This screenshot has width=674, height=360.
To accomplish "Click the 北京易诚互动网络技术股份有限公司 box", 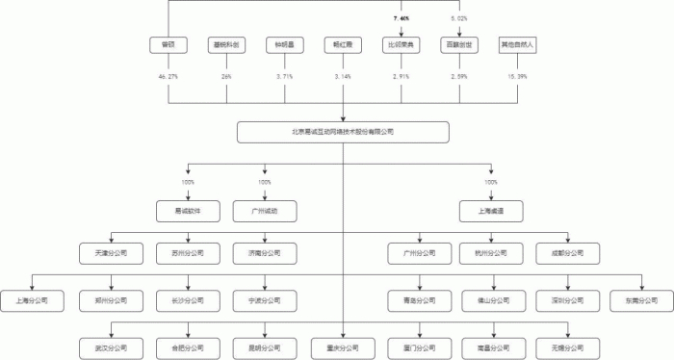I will click(343, 132).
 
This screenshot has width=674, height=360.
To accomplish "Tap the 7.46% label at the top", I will click(401, 18).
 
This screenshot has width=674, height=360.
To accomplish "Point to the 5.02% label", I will click(459, 18).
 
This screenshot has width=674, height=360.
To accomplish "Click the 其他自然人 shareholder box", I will click(517, 45).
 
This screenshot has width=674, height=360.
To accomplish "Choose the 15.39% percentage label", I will click(517, 75).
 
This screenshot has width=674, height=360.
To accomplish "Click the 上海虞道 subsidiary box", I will click(491, 210).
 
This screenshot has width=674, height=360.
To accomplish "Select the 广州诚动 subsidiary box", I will click(265, 210).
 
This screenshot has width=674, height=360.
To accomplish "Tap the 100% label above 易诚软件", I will click(188, 182).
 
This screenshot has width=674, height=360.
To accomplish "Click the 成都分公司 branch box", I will click(568, 255).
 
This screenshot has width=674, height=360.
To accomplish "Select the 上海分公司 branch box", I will click(32, 300).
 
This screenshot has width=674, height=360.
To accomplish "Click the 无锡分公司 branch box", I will click(568, 345).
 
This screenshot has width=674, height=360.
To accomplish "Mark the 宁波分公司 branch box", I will click(265, 300).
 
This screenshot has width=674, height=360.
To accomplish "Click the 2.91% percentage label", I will click(401, 75).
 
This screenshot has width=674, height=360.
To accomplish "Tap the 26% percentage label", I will click(227, 75).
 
